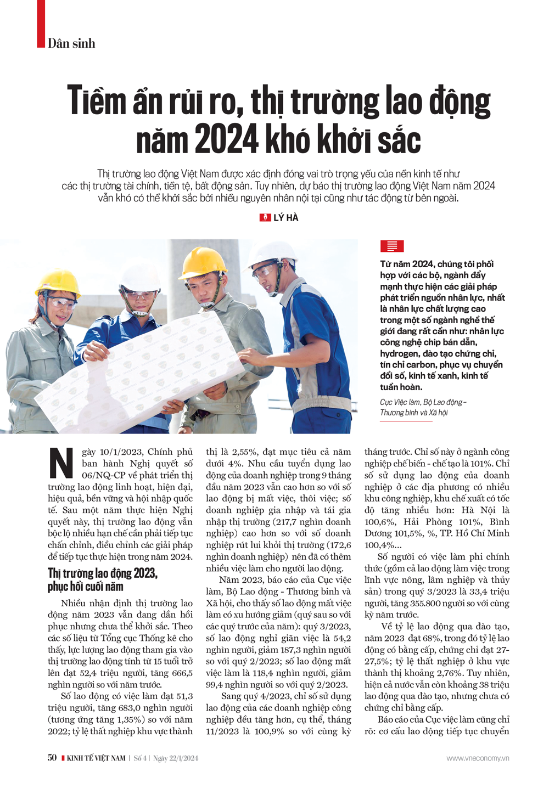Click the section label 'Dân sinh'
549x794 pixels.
pos(71,43)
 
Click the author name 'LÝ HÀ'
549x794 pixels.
pos(285,218)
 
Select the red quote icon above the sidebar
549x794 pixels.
pos(391,246)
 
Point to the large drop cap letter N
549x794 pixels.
pos(61,464)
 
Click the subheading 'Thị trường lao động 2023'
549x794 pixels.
pos(102,573)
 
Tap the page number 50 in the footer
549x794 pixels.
pos(52,758)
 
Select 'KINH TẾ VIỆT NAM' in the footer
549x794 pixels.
pos(96,758)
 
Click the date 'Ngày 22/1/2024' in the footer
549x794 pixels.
pos(176,758)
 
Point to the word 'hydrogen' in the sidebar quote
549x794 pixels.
pos(399,354)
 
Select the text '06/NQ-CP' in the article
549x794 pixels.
pos(102,475)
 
